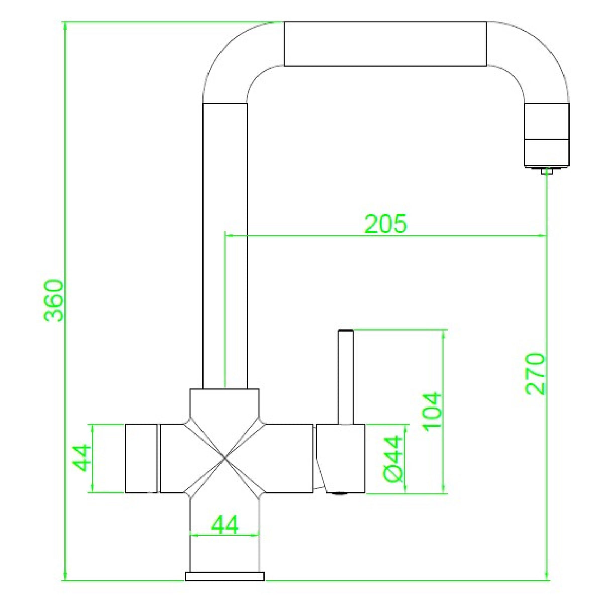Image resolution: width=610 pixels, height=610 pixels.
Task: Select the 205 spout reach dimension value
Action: coord(385,224)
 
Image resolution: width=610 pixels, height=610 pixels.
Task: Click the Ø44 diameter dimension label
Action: coord(394,458)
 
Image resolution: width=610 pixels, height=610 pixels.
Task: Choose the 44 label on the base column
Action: coord(225,525)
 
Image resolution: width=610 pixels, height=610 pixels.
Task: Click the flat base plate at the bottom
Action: coord(225,576)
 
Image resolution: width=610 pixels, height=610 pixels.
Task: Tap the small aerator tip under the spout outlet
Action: coord(546,171)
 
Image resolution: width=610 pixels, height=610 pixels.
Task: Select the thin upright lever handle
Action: coord(346,377)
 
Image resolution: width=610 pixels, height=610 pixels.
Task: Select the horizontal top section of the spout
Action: coord(385,44)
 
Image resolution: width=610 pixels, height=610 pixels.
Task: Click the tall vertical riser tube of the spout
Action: coord(225,241)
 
